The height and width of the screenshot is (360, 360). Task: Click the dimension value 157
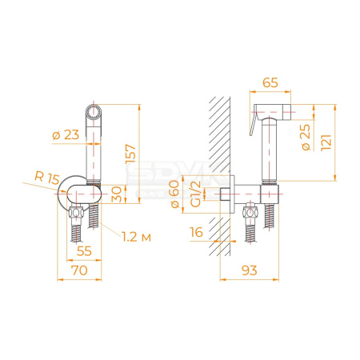coord(130,154)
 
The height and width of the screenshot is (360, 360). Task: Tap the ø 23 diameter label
coord(66,135)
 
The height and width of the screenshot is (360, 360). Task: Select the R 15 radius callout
coord(47,178)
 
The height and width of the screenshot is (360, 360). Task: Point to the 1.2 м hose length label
coord(136,237)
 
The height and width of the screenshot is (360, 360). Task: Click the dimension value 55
coord(84,251)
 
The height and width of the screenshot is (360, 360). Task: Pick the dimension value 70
coord(79,270)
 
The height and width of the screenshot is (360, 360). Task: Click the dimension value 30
coord(117,194)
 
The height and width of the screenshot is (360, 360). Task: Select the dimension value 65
coord(270,82)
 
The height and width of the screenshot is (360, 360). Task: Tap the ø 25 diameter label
coord(306,138)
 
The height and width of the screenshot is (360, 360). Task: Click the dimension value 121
coord(326,143)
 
